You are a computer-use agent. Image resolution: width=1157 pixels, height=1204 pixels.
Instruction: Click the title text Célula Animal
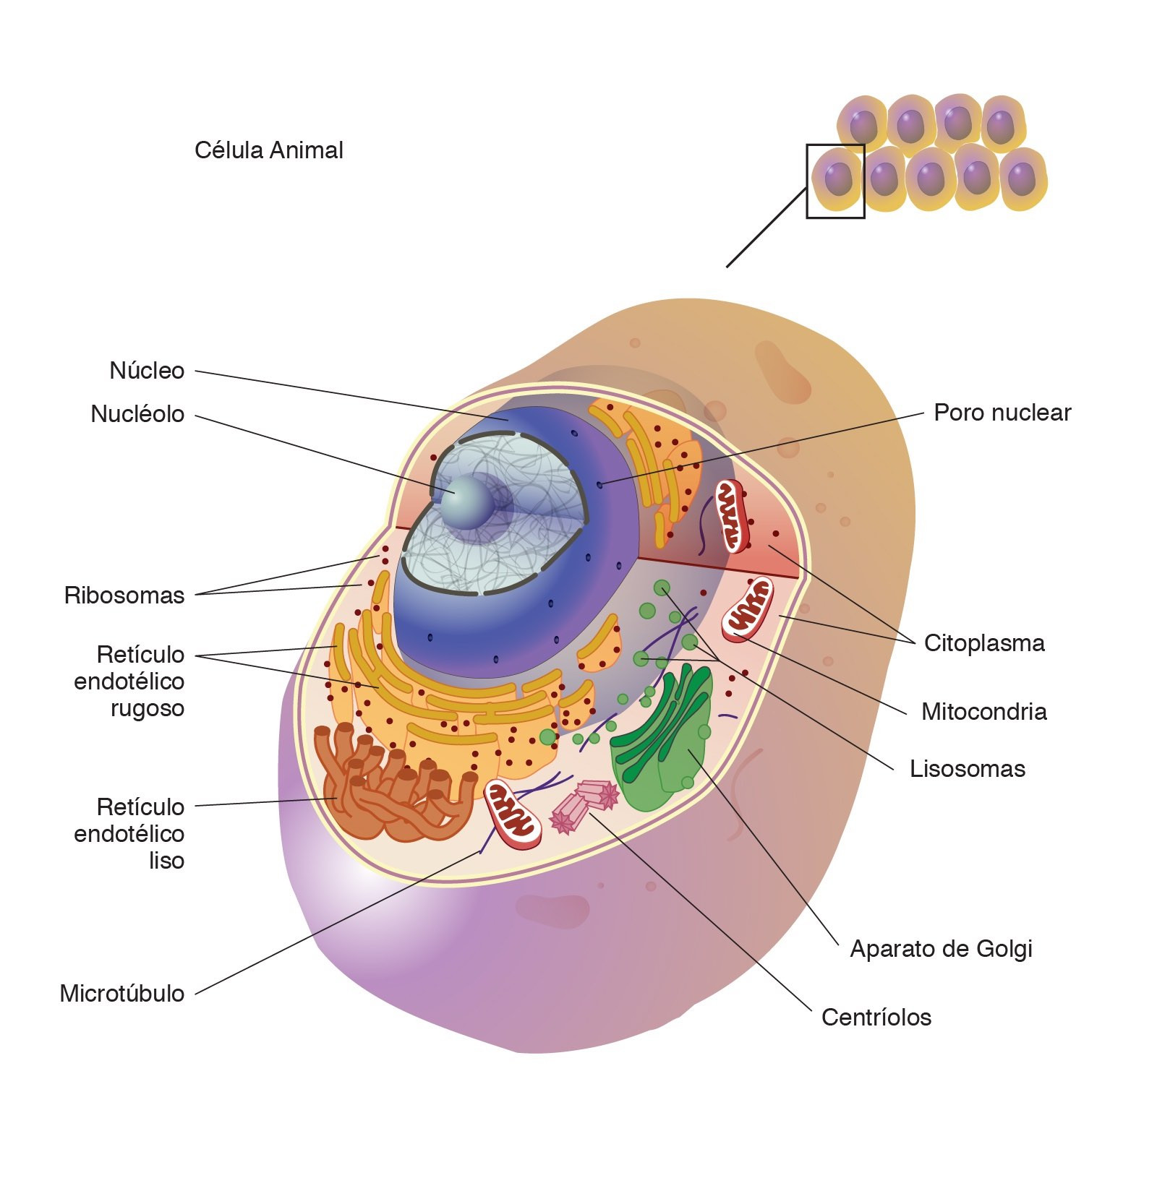coord(268,150)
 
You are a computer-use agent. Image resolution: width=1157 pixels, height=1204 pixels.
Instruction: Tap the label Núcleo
coord(147,370)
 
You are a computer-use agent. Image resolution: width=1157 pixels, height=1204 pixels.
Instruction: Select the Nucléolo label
coord(137,414)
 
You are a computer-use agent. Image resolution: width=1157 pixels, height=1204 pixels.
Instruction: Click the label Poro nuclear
coord(1002,413)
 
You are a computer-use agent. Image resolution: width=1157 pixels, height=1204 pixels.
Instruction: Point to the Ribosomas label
coord(124,595)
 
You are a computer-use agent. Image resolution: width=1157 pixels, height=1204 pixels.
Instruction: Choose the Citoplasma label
coord(983,643)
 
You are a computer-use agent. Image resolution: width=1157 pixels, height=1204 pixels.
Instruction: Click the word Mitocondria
coord(983,712)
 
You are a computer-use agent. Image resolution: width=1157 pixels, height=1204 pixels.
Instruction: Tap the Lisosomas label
coord(967,769)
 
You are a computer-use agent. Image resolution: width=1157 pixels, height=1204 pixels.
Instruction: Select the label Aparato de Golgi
coord(940,949)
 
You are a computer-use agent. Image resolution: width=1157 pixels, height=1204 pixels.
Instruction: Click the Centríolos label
coord(876,1018)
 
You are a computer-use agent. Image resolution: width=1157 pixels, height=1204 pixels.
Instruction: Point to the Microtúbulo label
coord(121,994)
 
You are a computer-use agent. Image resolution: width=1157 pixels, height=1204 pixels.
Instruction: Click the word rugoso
coord(147,708)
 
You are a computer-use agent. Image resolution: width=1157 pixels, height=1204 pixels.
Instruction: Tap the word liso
coord(166,861)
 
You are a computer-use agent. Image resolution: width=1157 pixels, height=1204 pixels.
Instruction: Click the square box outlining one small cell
coord(835,181)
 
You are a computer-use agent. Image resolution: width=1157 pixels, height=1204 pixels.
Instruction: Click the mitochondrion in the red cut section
coord(732,516)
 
